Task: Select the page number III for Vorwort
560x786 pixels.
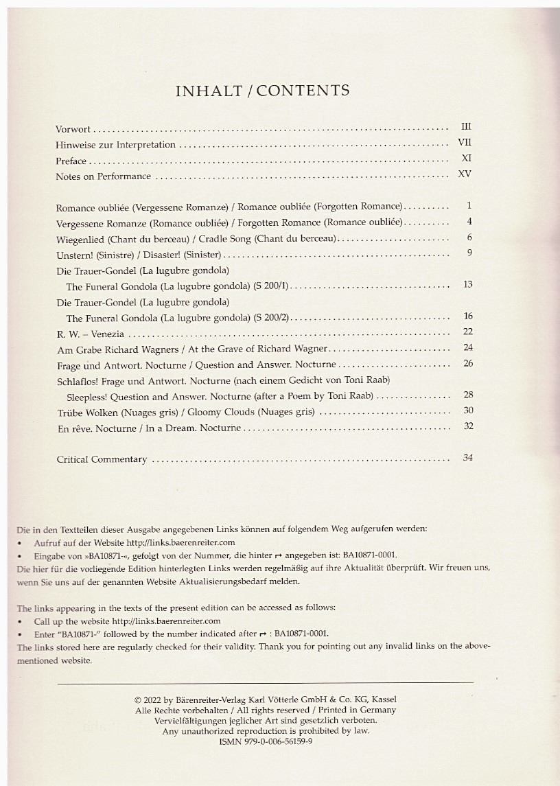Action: point(467,127)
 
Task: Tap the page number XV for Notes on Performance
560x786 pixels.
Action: point(465,174)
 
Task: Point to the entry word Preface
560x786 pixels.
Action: point(71,161)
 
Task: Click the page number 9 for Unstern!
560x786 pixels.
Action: point(469,253)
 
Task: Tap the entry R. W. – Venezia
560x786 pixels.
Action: point(90,334)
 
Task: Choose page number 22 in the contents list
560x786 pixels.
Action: point(468,332)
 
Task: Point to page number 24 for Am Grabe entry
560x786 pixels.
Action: point(468,347)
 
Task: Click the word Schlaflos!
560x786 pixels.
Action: point(78,380)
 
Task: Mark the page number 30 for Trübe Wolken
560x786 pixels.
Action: point(468,411)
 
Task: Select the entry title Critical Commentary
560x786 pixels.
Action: point(102,459)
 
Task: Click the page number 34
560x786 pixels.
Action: point(468,458)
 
